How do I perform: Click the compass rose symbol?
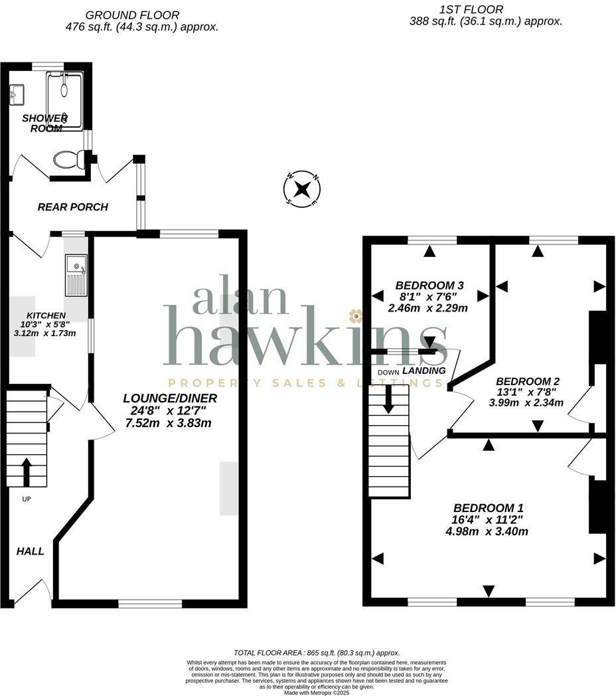[302, 190]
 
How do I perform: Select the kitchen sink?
[76, 275]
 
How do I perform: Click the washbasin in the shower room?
[16, 94]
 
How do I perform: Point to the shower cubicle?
[65, 100]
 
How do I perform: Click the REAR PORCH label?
[72, 207]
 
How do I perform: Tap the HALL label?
[31, 551]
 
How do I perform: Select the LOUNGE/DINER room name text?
[170, 398]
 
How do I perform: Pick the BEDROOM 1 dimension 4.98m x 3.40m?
[487, 531]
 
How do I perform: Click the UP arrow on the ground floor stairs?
[27, 471]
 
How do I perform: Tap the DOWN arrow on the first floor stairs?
[388, 398]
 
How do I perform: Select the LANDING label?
[424, 371]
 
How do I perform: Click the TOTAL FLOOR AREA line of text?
[317, 653]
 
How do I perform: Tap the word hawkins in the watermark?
[305, 339]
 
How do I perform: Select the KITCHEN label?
[46, 315]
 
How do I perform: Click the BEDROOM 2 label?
[528, 381]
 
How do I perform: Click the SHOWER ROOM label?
[45, 123]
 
